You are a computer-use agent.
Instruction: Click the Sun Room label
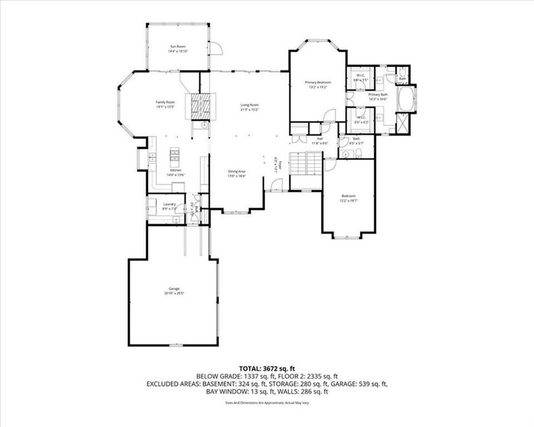[x=177, y=46]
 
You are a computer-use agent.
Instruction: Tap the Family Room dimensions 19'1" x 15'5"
[x=166, y=107]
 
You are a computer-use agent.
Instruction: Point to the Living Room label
[x=249, y=104]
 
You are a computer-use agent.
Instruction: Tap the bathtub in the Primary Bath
[x=405, y=100]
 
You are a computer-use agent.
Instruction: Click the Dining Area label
[x=238, y=172]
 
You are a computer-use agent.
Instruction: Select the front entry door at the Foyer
[x=275, y=186]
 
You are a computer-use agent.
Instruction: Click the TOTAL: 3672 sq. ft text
[x=266, y=368]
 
